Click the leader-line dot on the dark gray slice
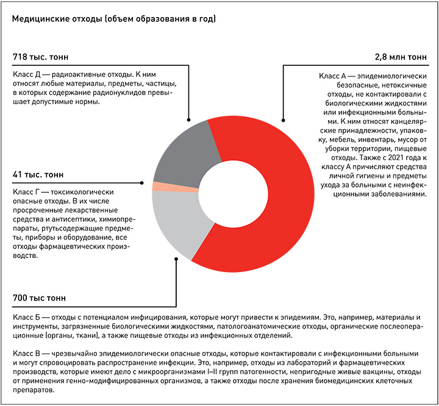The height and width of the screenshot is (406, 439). click(x=190, y=119)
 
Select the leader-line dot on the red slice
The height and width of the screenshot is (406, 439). click(x=282, y=119)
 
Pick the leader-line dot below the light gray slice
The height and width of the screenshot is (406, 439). click(x=176, y=259)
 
